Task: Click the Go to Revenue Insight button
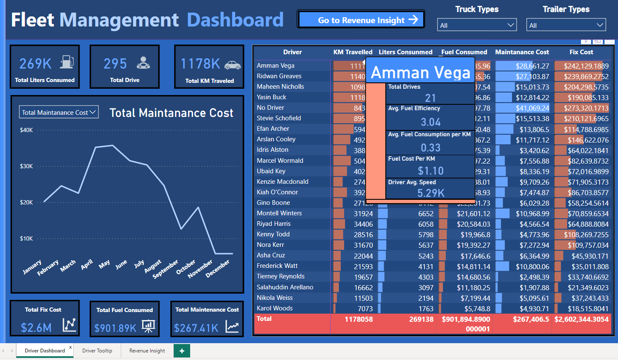point(361,20)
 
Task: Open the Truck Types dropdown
point(477,25)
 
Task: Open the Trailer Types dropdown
point(566,25)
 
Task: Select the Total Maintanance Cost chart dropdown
point(59,112)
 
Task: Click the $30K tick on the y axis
point(26,166)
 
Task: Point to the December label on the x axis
point(217,268)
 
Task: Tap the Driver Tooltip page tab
point(97,351)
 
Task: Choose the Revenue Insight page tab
point(147,351)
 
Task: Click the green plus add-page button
point(182,351)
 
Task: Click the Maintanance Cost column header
point(522,52)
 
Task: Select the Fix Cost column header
point(581,52)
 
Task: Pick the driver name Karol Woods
point(275,308)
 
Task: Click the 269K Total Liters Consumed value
point(35,64)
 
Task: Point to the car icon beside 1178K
point(232,65)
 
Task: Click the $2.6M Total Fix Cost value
point(36,328)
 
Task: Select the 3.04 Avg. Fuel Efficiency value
point(431,122)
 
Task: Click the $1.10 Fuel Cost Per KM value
point(431,171)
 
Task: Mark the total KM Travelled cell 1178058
point(358,319)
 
